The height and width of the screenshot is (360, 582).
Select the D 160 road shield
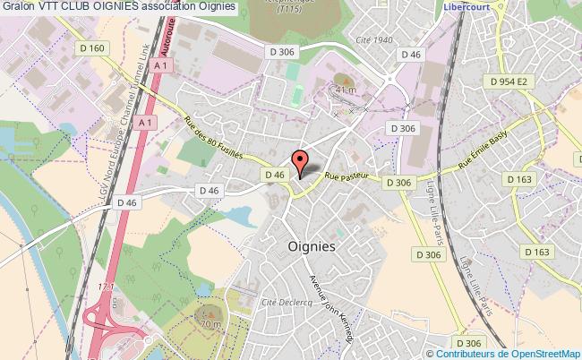99,47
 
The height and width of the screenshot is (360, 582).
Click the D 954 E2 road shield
511,81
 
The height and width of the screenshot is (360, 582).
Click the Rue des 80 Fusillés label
213,137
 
